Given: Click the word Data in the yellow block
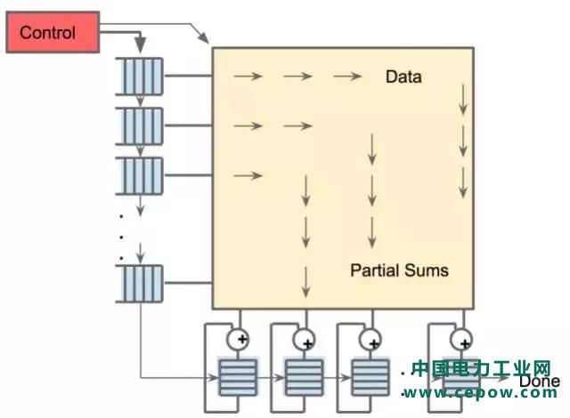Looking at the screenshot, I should click(x=403, y=77).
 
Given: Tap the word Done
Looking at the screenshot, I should click(x=540, y=382).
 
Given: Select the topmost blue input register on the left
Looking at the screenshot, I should click(x=141, y=76).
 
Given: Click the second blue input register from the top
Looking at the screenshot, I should click(x=141, y=125).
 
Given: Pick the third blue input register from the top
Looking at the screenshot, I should click(x=141, y=174).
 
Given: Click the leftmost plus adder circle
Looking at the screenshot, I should click(x=239, y=338).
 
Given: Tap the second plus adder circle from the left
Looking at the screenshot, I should click(x=305, y=338).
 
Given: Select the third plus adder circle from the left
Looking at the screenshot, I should click(x=370, y=338).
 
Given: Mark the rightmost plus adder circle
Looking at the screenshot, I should click(x=461, y=338).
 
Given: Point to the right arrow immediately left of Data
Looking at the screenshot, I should click(x=348, y=77).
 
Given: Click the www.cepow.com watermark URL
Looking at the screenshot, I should click(x=481, y=390).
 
